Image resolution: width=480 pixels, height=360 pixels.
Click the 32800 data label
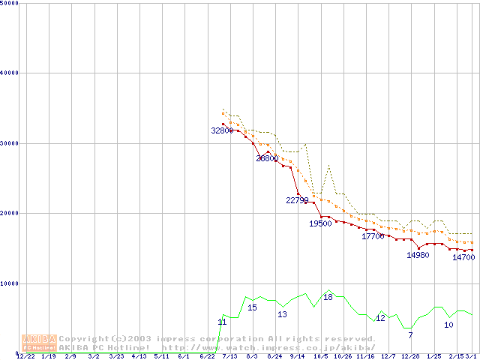222,130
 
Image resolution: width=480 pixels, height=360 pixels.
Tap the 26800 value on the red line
267,158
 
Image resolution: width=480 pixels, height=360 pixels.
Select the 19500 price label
320,223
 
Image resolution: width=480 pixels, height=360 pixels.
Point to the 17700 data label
373,236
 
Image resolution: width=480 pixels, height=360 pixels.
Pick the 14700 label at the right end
463,257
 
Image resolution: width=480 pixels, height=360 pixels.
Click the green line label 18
328,297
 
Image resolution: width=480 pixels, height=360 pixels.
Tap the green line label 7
410,335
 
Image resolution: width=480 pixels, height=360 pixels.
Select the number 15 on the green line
252,307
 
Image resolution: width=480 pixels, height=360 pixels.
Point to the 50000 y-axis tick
10,3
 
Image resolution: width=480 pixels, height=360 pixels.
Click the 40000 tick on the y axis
10,73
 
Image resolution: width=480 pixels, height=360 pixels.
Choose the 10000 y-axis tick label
10,283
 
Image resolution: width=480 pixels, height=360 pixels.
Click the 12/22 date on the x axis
25,356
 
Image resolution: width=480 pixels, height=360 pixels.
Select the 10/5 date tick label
320,356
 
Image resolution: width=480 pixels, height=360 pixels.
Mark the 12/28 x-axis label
410,356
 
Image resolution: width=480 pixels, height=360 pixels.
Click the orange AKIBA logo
39,342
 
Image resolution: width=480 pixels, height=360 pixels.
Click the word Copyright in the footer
84,339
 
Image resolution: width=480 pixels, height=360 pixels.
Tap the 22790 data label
298,200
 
